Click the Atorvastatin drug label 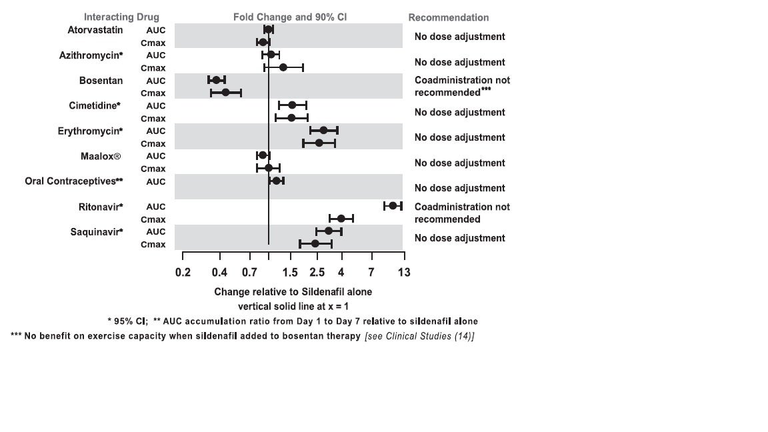point(95,29)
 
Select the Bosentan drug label point(101,80)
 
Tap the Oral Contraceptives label point(74,181)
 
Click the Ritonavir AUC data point point(393,206)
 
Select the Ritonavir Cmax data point point(341,219)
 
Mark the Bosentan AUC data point point(216,80)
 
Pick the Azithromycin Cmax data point point(283,67)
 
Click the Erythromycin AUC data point point(323,130)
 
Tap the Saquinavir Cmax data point point(315,244)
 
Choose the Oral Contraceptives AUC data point point(276,181)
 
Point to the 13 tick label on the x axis point(403,272)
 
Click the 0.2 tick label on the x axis point(183,272)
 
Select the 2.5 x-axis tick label point(317,272)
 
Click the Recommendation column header point(448,17)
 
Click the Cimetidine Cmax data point point(291,118)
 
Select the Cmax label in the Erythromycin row point(153,143)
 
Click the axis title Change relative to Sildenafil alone point(293,292)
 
